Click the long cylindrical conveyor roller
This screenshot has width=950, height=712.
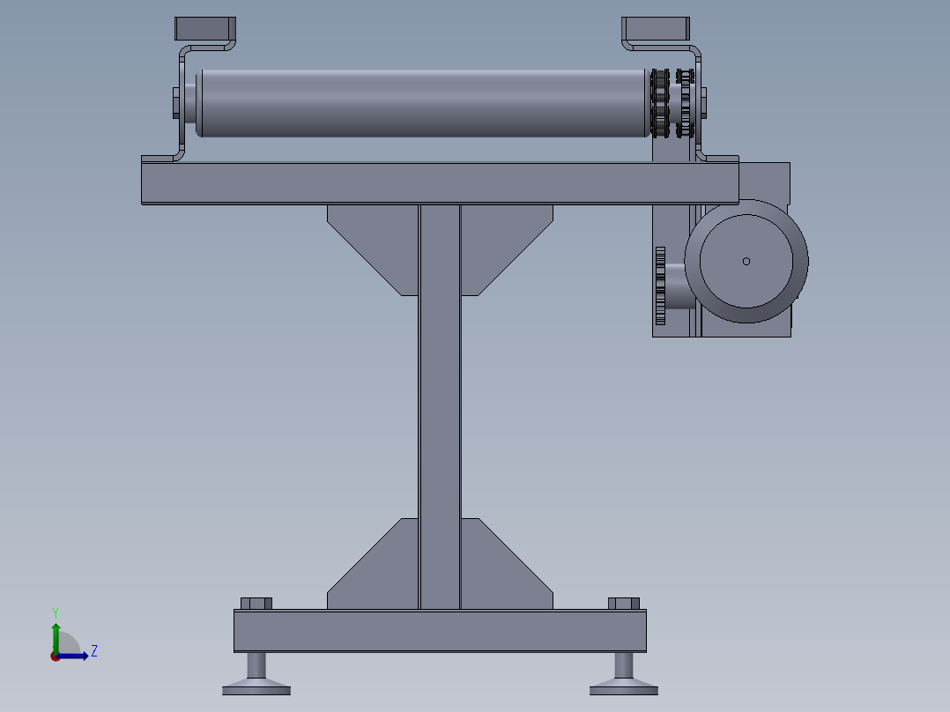[423, 103]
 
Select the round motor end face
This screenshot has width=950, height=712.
[746, 262]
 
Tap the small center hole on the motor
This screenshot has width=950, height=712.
[746, 261]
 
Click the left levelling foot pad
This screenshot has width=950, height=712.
[256, 686]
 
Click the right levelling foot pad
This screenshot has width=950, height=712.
[623, 686]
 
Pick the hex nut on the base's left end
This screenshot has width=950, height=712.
[256, 604]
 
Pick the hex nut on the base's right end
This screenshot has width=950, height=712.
[624, 604]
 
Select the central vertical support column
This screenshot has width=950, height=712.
[440, 405]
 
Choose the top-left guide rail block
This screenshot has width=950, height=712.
[205, 28]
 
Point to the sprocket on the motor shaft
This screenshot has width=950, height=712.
[660, 286]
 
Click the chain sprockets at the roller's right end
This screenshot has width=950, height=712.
[670, 103]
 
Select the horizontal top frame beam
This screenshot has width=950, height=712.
[440, 183]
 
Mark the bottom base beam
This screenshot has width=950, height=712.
[440, 631]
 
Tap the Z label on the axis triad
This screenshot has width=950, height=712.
[93, 651]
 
